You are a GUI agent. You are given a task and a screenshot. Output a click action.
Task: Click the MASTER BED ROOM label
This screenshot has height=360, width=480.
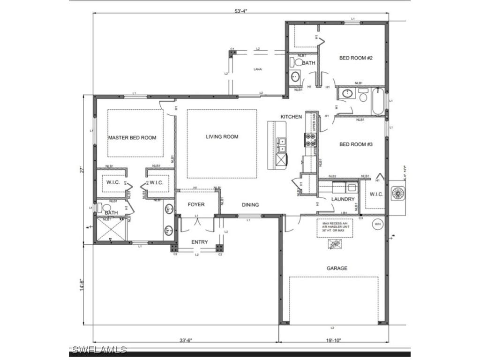(x=132, y=138)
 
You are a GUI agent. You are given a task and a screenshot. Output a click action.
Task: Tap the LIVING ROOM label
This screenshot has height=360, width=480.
(x=222, y=137)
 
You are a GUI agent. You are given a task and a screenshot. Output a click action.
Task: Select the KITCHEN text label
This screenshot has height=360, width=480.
(x=291, y=117)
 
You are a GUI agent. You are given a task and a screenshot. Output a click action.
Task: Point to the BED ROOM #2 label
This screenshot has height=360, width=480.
(x=356, y=58)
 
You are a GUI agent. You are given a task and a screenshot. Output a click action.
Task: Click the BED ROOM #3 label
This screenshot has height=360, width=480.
(x=356, y=144)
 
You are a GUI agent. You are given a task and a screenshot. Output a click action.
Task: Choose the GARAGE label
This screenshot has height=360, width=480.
(x=337, y=268)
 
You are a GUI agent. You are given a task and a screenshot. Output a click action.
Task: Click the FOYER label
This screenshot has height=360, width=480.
(x=196, y=204)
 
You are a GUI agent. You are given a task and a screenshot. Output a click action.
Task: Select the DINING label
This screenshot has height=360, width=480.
(x=250, y=205)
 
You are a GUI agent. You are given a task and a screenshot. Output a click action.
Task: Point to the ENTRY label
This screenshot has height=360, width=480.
(x=199, y=242)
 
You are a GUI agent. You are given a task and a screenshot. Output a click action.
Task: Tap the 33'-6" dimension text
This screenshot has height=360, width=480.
(x=186, y=340)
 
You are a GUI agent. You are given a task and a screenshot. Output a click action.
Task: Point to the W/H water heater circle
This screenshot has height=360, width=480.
(x=378, y=225)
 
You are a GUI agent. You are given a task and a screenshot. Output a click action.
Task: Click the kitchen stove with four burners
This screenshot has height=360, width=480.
(x=310, y=140)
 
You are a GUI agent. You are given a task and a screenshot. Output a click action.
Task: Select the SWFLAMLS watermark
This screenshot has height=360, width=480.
(x=99, y=350)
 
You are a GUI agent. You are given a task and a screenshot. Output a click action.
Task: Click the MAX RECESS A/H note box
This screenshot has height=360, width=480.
(x=335, y=228)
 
